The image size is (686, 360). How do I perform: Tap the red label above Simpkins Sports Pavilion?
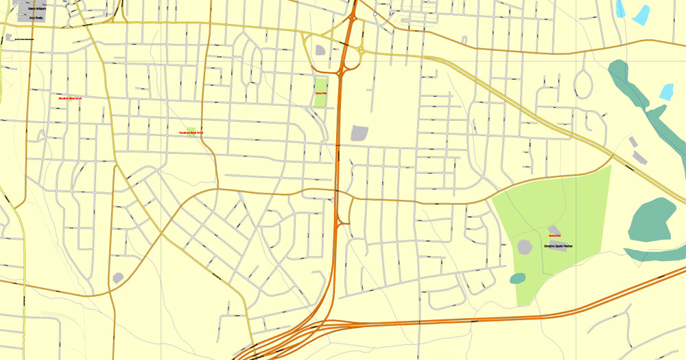tap(555, 236)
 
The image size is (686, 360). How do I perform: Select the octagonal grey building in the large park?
tap(525, 247)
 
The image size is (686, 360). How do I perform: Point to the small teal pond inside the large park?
tap(518, 278)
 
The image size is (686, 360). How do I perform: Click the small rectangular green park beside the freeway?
tap(320, 93)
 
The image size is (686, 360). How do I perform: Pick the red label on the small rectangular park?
tap(320, 93)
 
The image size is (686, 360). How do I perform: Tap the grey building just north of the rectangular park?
tap(320, 49)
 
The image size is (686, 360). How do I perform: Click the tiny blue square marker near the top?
tap(375, 14)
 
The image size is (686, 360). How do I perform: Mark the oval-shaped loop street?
tap(583, 83)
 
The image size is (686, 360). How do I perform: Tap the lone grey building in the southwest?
tap(118, 278)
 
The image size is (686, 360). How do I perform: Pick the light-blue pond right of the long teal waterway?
tap(666, 91)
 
